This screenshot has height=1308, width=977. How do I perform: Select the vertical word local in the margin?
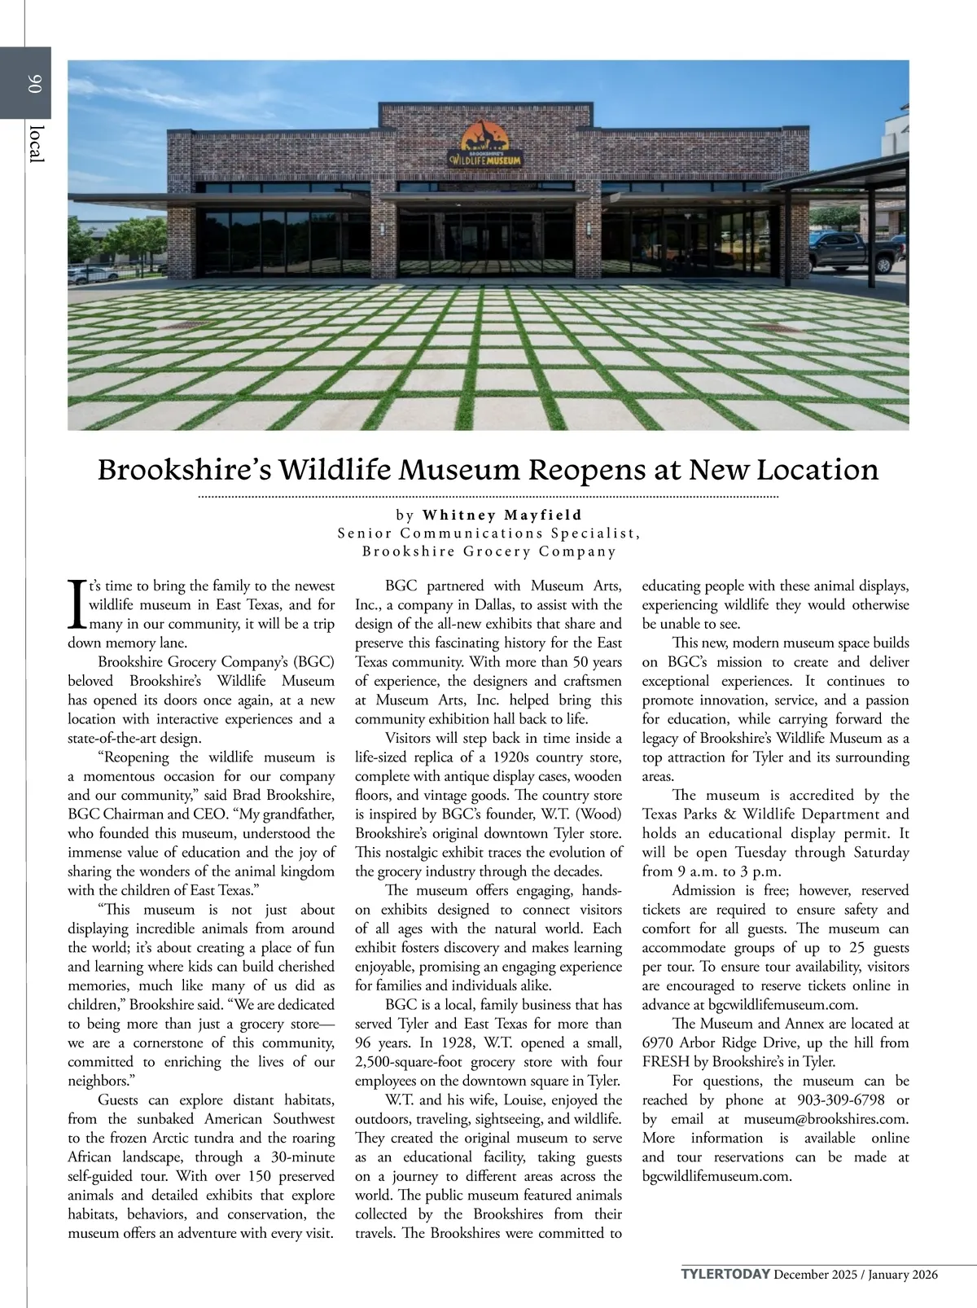click(34, 143)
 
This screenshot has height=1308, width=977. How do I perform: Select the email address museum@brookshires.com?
click(826, 1120)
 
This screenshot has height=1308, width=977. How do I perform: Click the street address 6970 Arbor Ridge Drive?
click(732, 1043)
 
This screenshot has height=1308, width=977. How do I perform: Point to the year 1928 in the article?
click(450, 1043)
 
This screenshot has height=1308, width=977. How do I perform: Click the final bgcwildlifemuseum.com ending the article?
click(716, 1177)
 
